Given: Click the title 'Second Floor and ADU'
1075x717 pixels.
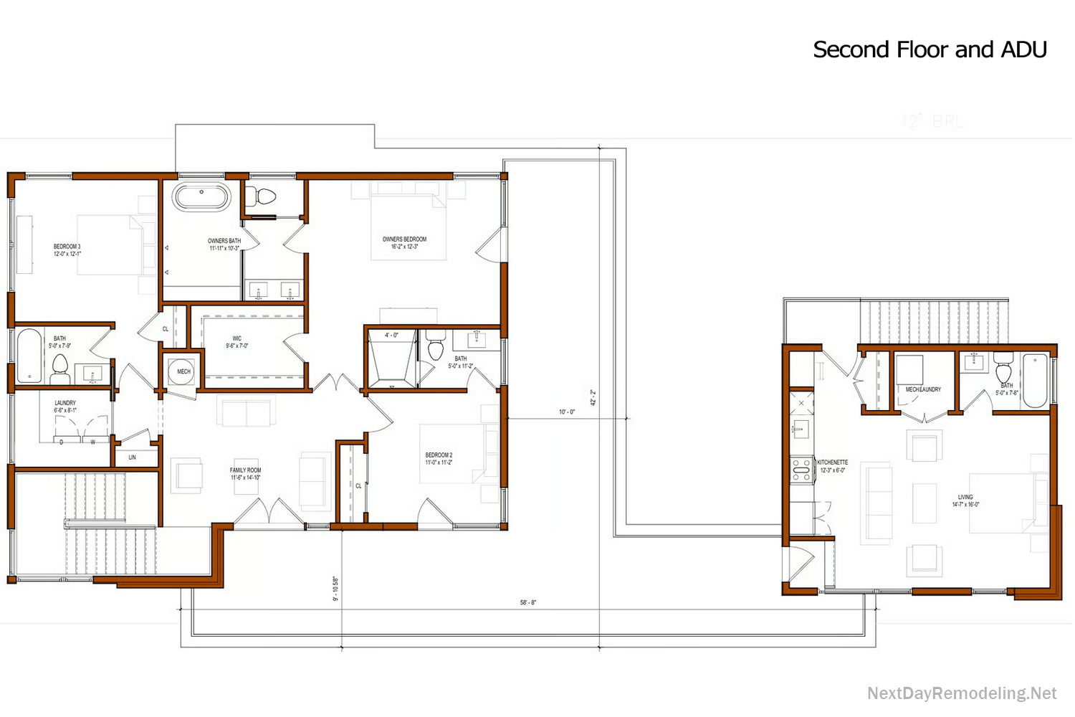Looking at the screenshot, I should pyautogui.click(x=930, y=49).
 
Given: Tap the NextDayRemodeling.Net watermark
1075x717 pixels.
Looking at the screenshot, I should pyautogui.click(x=961, y=693).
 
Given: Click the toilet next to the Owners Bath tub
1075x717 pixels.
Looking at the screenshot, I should pyautogui.click(x=263, y=196).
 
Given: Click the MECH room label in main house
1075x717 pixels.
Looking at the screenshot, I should pyautogui.click(x=184, y=371).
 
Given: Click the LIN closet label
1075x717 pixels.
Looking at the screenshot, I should pyautogui.click(x=132, y=457).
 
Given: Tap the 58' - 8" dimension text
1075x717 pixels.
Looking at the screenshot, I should pyautogui.click(x=527, y=603).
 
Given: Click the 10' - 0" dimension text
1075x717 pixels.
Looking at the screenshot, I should pyautogui.click(x=567, y=412).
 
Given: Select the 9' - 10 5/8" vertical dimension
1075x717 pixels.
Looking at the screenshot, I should pyautogui.click(x=335, y=589).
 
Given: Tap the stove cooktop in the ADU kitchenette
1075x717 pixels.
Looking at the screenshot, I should pyautogui.click(x=801, y=469).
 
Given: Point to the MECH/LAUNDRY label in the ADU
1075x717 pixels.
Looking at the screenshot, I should pyautogui.click(x=923, y=389).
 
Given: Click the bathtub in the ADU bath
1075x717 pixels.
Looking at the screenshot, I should pyautogui.click(x=1034, y=381).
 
